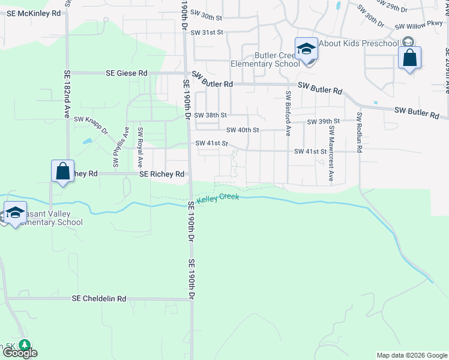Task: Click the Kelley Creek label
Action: [218, 197]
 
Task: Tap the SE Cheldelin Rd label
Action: [99, 298]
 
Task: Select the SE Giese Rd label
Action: [126, 73]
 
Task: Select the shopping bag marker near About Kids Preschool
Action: [409, 59]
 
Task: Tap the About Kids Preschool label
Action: [358, 43]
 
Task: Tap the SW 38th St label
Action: [210, 115]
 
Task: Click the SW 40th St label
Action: [243, 130]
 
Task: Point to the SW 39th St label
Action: [323, 122]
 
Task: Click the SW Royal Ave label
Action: [140, 146]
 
